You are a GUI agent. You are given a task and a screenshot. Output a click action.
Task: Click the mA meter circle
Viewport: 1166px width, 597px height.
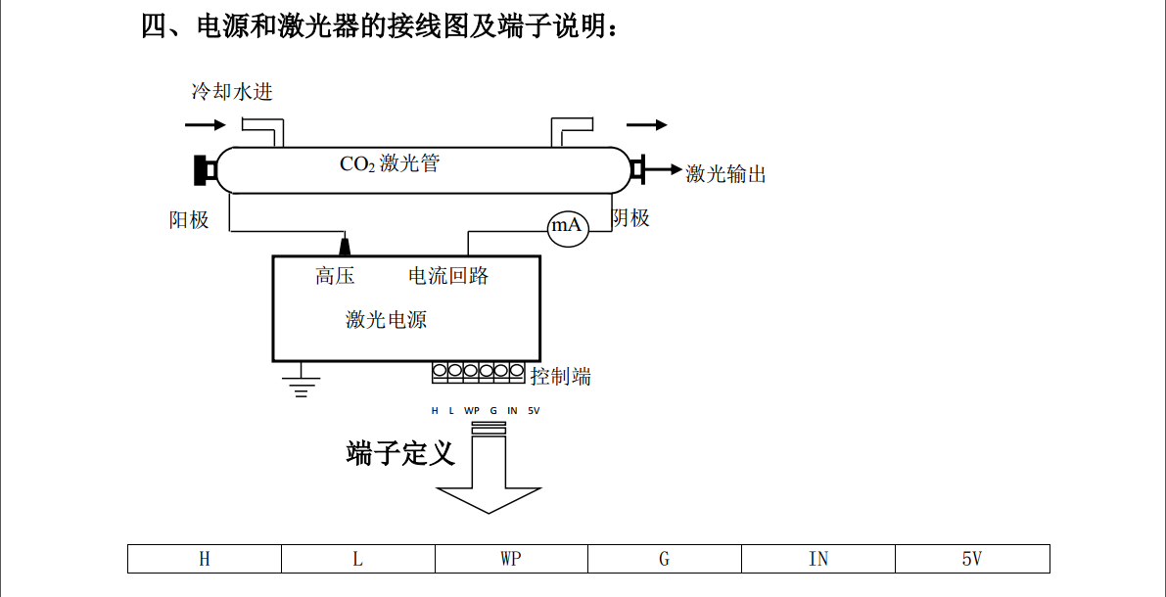[566, 226]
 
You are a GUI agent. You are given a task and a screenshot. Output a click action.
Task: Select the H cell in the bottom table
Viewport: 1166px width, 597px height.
[205, 559]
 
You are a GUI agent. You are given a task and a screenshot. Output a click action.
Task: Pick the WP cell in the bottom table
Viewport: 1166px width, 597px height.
[511, 559]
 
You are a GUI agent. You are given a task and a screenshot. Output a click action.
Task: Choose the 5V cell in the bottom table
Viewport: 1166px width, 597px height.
[971, 559]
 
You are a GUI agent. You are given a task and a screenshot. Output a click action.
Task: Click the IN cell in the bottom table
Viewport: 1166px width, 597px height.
[818, 559]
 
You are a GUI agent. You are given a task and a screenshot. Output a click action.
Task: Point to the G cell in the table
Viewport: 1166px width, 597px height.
[665, 559]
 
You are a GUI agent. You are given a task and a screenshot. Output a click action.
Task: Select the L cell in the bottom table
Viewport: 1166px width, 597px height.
[358, 559]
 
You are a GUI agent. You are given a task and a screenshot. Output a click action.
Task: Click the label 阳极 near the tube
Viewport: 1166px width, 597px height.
[189, 219]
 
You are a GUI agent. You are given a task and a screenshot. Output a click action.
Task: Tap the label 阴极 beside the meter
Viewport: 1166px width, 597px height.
[630, 217]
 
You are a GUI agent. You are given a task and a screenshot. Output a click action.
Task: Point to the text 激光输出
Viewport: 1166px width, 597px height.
[725, 174]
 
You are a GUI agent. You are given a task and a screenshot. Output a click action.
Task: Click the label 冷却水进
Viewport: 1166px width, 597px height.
[232, 92]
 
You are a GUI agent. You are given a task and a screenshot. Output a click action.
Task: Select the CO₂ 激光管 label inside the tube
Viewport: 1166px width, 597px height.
[390, 163]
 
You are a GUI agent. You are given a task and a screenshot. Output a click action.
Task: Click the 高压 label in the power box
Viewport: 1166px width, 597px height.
[335, 276]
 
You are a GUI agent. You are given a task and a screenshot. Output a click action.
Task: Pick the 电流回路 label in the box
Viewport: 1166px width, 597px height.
[448, 276]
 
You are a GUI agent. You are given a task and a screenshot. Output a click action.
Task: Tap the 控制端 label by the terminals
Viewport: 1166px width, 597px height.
[560, 376]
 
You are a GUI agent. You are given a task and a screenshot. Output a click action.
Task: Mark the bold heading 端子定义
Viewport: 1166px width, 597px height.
[400, 453]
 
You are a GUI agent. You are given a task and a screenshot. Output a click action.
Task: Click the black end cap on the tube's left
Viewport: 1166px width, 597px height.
[205, 169]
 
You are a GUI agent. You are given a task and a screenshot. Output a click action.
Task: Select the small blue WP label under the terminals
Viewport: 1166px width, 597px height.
[472, 411]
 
